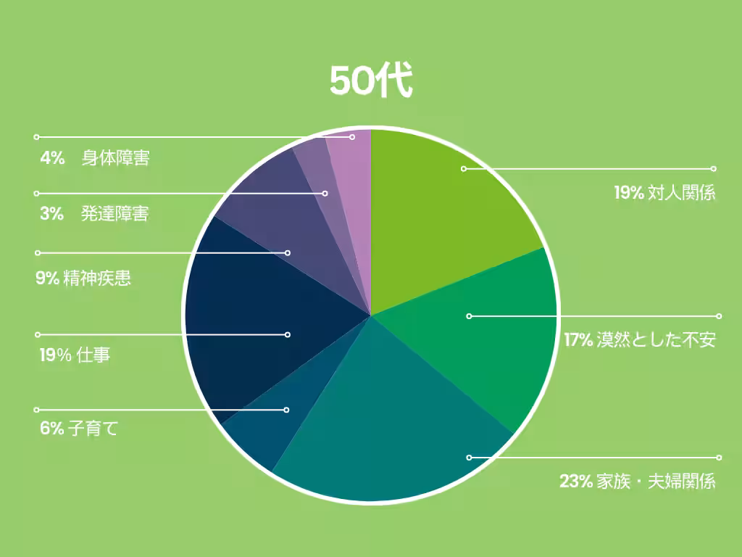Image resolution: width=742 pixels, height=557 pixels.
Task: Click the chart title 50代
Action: point(371,81)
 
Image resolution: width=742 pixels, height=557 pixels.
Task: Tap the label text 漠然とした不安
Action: point(656,339)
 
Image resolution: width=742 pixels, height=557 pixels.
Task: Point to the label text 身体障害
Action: point(116,158)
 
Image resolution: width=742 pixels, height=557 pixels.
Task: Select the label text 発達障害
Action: point(116,214)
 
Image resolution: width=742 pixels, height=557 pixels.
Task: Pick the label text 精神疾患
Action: point(97,278)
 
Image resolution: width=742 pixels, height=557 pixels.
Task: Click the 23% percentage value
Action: point(576,481)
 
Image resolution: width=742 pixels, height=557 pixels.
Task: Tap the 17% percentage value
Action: point(579,339)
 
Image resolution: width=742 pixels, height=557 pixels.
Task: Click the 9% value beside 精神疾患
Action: point(47,278)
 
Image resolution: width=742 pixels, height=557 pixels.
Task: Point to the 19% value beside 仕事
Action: point(55,355)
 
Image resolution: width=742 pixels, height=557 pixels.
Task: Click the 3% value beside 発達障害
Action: point(52,214)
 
